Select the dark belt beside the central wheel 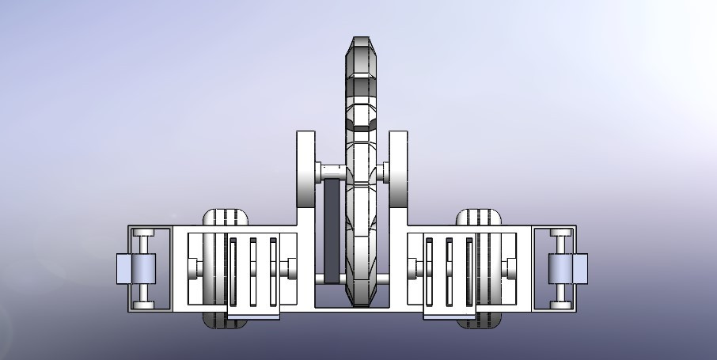click(331, 229)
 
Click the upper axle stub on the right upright click(383, 172)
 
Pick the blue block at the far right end click(579, 269)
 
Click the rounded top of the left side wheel click(226, 216)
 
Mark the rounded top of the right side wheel click(480, 216)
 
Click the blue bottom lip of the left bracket click(254, 316)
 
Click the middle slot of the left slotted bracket click(253, 271)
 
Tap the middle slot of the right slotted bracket click(449, 271)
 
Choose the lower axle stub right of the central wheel click(382, 279)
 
